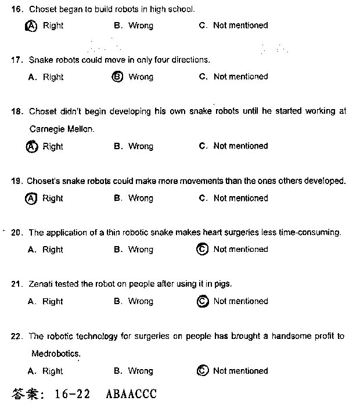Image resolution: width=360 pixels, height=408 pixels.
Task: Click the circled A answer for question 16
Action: coord(32,26)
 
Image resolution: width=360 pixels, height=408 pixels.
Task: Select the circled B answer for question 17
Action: coord(117,77)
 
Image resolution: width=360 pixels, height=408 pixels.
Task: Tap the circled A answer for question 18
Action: coord(32,147)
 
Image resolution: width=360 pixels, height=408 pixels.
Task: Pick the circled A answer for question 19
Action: coord(31,198)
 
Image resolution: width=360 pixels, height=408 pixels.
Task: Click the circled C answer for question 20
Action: coord(203,250)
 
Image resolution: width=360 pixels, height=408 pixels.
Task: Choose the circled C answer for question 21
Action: coord(203,301)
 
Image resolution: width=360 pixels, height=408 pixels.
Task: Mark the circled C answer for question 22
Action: coord(203,371)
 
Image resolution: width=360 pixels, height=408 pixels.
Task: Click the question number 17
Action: coord(17,60)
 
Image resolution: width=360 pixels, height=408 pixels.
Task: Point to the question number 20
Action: coord(17,233)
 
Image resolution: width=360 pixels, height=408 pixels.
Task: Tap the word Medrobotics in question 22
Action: coord(56,353)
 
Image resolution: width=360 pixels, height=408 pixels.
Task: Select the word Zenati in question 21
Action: coord(41,284)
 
